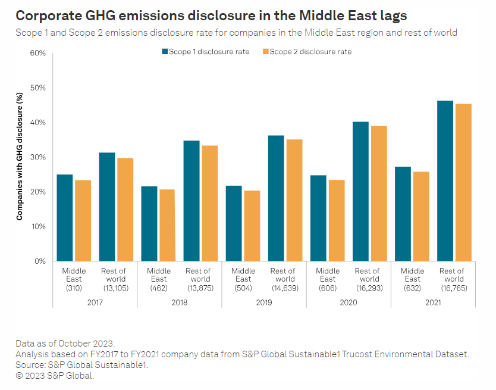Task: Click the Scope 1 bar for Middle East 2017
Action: (x=65, y=217)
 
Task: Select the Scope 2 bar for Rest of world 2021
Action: (x=463, y=182)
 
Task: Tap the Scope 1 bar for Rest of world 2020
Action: (x=360, y=191)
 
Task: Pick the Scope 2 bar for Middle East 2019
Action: (x=252, y=226)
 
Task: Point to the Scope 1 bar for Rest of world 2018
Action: (x=192, y=201)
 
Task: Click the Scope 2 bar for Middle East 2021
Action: (x=421, y=216)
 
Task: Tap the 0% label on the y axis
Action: (x=40, y=261)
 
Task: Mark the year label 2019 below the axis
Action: (x=263, y=302)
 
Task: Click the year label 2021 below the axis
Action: (x=432, y=302)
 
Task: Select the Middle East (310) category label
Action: (x=74, y=279)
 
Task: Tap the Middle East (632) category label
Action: (x=412, y=279)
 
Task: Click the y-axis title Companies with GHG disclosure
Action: (x=19, y=157)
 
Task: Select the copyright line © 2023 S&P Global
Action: (x=55, y=375)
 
